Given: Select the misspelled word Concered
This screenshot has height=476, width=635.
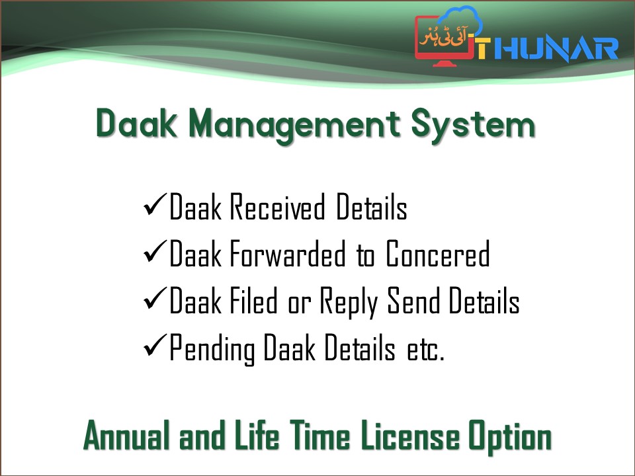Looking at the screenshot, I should click(x=438, y=255).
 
